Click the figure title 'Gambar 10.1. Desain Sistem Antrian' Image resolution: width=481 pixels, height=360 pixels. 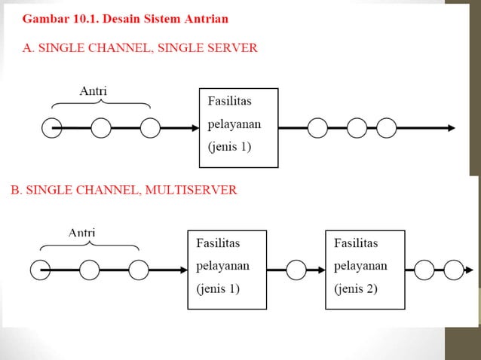(x=125, y=17)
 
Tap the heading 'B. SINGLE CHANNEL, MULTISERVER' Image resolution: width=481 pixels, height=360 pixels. (x=124, y=191)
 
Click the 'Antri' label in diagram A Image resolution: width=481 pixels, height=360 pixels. (x=93, y=92)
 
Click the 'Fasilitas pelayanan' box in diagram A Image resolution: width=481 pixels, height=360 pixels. (x=238, y=128)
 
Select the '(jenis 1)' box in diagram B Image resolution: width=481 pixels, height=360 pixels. (x=226, y=269)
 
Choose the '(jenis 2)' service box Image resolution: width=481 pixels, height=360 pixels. (x=364, y=269)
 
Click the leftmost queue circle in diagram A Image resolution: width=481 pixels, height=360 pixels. (x=51, y=129)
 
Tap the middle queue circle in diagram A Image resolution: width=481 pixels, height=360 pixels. (x=101, y=129)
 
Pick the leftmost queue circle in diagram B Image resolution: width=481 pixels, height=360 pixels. (x=40, y=269)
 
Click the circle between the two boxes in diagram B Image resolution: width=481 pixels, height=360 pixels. (x=296, y=269)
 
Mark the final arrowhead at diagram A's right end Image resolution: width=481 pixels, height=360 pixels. (x=450, y=128)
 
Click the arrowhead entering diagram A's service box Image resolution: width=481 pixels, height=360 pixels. (x=193, y=129)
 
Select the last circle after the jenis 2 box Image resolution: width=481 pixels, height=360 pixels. (x=452, y=269)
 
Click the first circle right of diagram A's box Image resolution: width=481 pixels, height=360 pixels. (x=317, y=128)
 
